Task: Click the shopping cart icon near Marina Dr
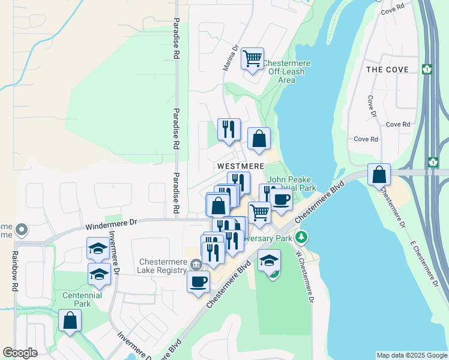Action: coord(253,59)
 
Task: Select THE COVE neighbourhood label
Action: coord(387,70)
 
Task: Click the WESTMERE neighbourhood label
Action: coord(241,166)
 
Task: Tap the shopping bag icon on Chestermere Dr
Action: coord(379,175)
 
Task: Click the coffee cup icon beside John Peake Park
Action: coord(280,199)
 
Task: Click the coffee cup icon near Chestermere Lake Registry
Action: coord(198,281)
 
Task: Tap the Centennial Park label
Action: coord(83,299)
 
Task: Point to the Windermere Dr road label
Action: coord(112,224)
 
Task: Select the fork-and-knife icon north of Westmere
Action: coord(228,129)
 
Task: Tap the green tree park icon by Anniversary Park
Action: coord(301,238)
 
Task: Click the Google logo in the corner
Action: coord(20,353)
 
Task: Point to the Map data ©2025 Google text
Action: coord(411,355)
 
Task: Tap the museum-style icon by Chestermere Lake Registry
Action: coord(196,265)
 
